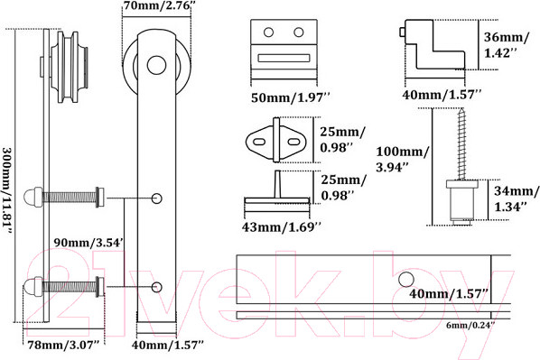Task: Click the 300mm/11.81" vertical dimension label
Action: click(7, 191)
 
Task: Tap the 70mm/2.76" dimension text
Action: click(157, 5)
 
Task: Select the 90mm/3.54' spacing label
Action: click(88, 243)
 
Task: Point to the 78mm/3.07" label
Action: click(63, 345)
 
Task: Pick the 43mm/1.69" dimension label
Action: click(282, 226)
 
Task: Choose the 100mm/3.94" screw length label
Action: click(402, 160)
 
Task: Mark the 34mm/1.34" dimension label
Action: click(516, 198)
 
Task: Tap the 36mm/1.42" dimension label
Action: click(506, 45)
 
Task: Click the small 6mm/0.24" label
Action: click(470, 325)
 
